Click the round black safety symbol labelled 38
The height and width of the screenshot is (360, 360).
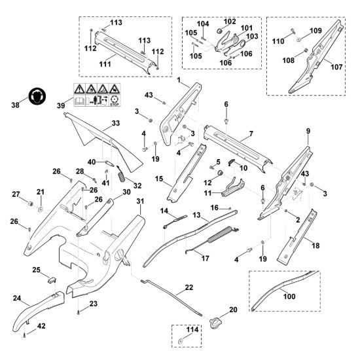37,96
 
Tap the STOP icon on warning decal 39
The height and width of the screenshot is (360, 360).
115,101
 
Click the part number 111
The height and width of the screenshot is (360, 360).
105,64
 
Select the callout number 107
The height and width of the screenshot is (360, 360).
336,67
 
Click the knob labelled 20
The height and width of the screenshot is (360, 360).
215,323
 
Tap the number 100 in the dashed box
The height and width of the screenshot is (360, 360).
289,297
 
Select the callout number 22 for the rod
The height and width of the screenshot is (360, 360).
189,287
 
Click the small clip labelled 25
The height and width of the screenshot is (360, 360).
52,280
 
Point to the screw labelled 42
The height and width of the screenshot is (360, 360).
24,336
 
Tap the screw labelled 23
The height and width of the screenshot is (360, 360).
79,312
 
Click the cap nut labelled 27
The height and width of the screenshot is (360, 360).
30,204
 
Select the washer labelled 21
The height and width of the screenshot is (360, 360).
41,209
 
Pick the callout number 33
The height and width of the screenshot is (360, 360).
116,123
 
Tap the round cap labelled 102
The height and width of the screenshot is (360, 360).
220,30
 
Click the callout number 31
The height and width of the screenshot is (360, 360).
140,202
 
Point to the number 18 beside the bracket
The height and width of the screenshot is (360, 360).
315,245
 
